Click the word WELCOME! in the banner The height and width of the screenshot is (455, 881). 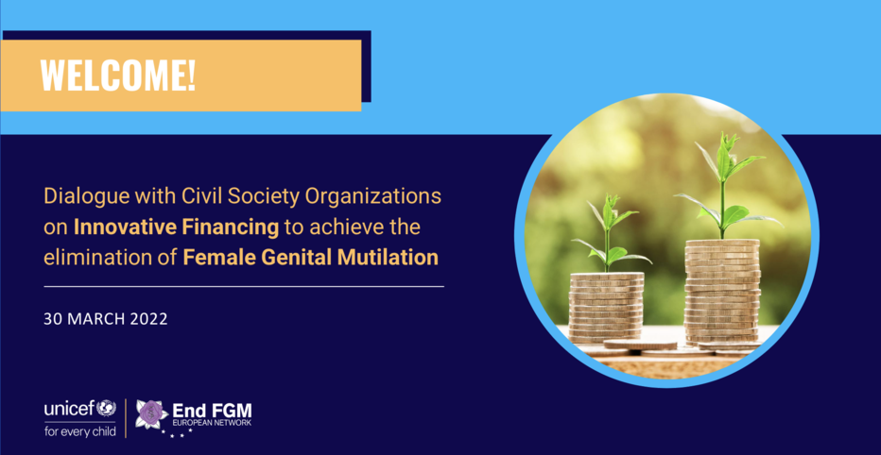click(118, 76)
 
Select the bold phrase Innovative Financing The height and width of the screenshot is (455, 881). click(177, 227)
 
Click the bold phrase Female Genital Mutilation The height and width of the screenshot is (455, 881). click(311, 258)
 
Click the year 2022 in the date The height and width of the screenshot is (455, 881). click(149, 319)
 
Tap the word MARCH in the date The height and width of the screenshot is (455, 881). click(96, 319)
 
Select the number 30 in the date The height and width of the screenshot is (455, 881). click(53, 319)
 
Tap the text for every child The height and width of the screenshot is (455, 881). click(79, 431)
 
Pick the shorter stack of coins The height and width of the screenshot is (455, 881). click(606, 307)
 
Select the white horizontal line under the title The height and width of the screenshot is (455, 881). click(244, 286)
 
